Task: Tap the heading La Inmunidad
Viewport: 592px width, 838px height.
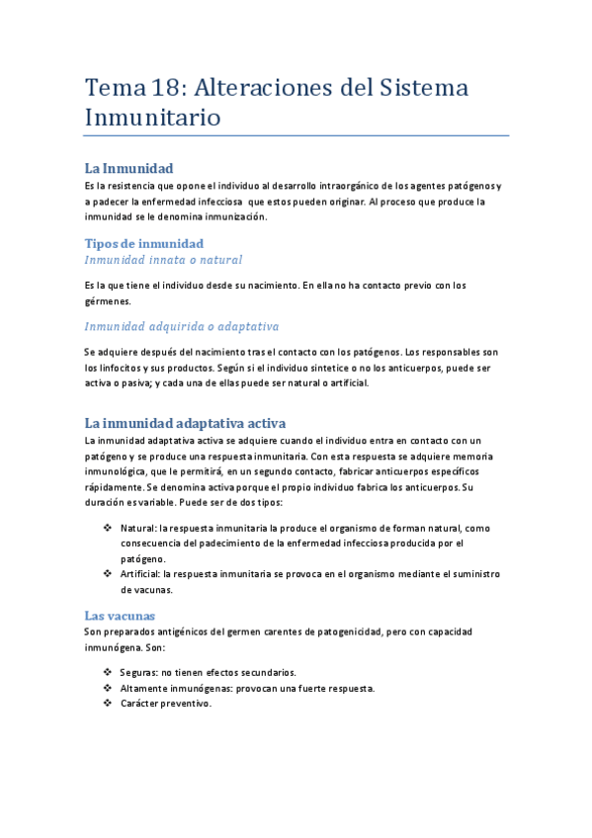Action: pos(128,168)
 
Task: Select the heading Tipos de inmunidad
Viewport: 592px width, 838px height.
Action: pos(143,243)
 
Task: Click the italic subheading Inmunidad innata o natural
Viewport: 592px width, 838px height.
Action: pos(163,260)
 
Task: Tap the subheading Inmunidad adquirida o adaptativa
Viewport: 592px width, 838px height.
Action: pos(182,326)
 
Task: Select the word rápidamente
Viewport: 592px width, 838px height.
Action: pos(113,488)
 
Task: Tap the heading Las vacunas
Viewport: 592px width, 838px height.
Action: pos(120,615)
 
